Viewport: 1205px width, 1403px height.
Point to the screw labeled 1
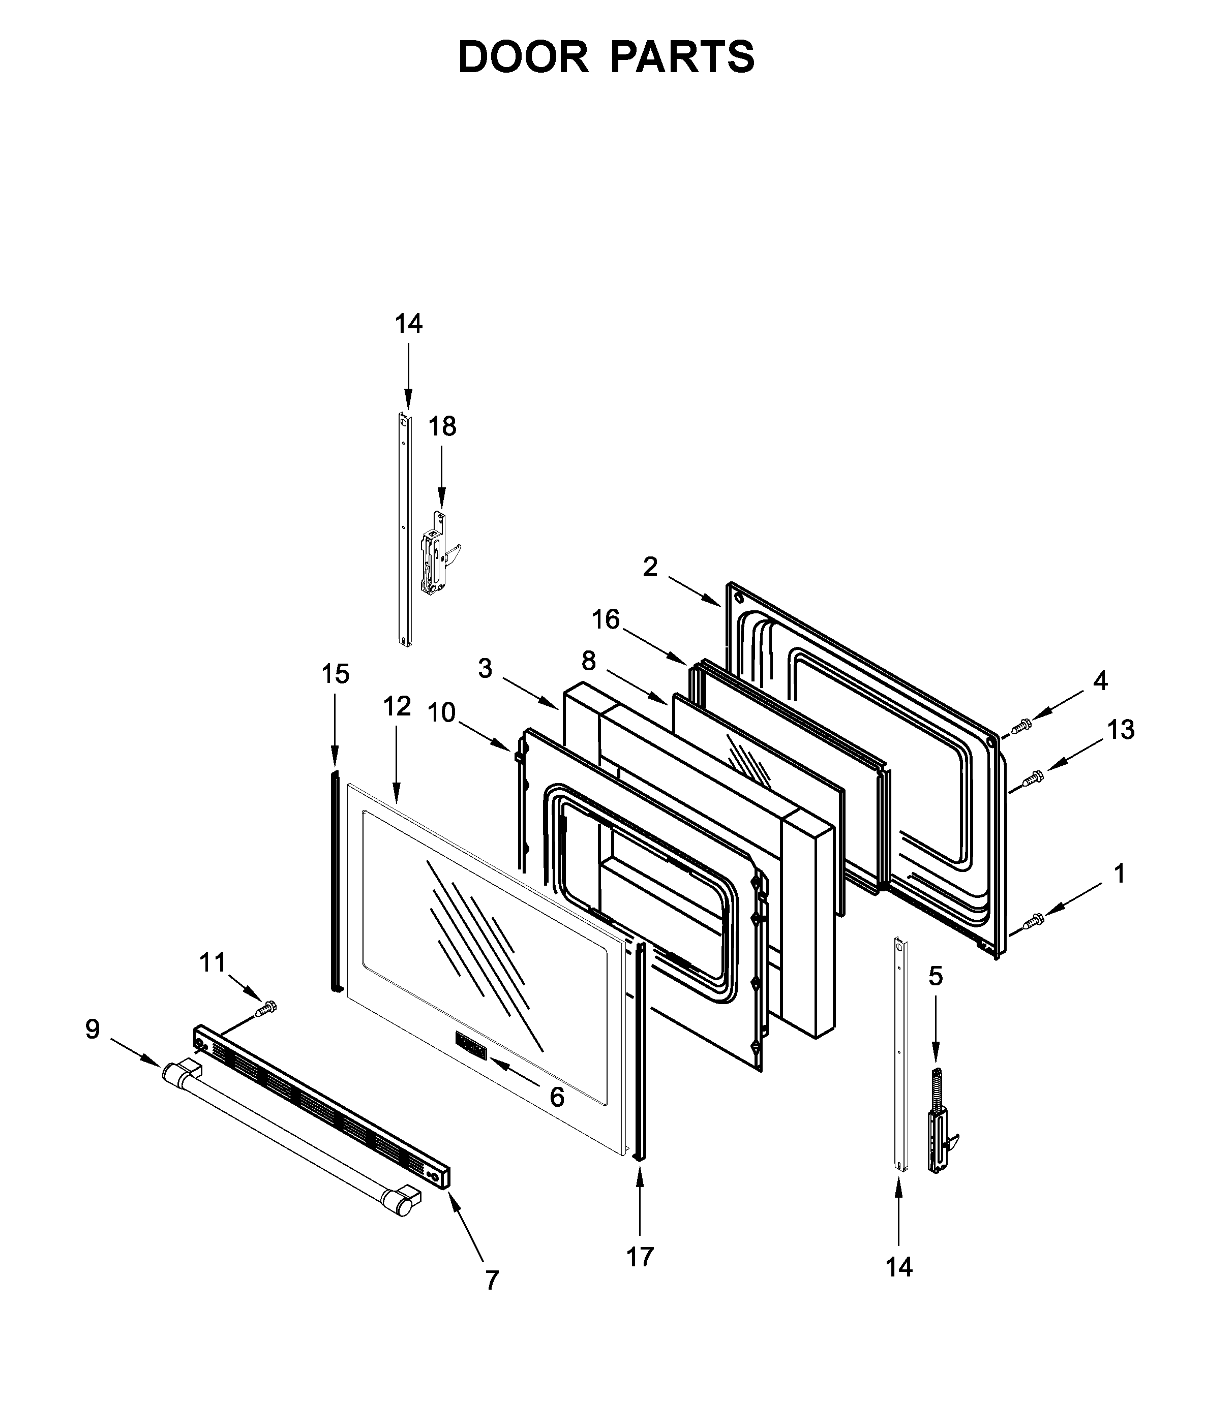click(1034, 920)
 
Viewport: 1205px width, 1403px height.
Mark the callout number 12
click(397, 706)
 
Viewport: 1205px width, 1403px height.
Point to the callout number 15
click(335, 674)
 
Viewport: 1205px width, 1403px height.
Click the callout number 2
click(650, 567)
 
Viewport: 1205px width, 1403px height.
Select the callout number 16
click(606, 618)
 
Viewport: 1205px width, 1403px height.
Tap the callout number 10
click(442, 712)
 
